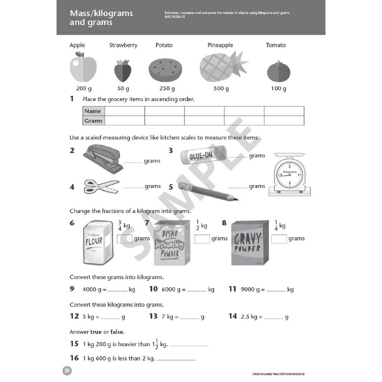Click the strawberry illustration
(123, 71)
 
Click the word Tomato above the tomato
(276, 45)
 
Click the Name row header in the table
(93, 111)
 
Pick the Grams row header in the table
(94, 121)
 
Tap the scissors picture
(101, 186)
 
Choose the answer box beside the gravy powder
(279, 239)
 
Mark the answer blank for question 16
(176, 359)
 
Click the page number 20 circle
(67, 371)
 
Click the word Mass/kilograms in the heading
(101, 13)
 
